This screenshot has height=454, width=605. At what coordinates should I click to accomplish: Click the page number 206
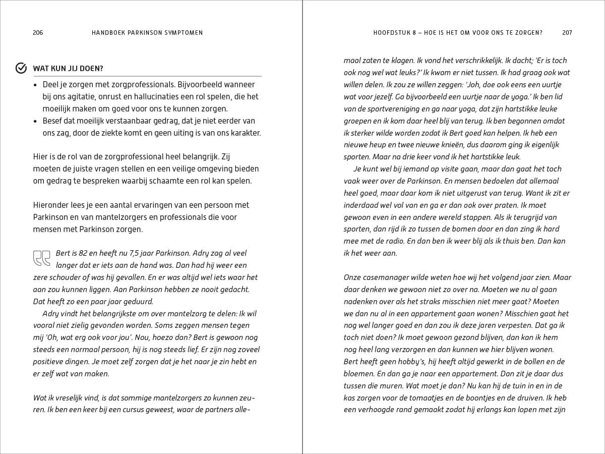38,33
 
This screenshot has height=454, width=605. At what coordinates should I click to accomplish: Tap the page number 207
567,33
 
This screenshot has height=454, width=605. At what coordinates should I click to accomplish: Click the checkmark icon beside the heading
21,68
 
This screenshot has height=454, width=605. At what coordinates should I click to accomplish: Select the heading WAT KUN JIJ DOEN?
68,69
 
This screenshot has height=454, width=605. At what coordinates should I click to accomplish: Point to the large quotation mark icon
42,258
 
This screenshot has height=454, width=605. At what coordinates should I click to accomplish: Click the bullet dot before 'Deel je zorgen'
35,85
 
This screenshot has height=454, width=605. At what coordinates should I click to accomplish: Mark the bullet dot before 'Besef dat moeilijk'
35,121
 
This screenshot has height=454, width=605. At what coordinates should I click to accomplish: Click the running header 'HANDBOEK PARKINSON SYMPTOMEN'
147,33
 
